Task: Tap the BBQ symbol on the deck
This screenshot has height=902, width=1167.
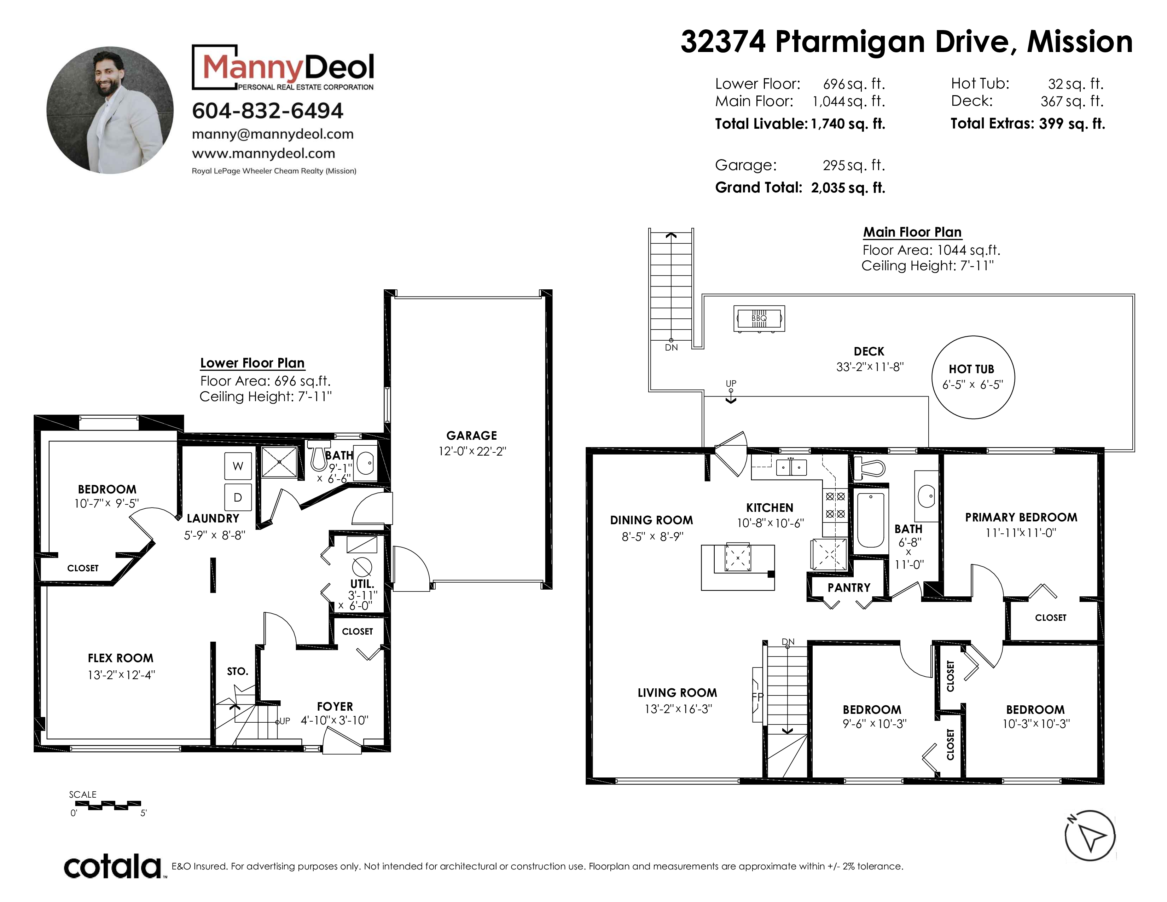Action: tap(759, 319)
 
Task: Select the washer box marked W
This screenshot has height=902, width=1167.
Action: tap(238, 466)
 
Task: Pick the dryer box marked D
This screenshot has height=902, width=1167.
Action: tap(238, 497)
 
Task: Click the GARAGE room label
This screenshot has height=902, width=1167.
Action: tap(472, 435)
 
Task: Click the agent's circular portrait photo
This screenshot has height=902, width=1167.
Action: tap(110, 110)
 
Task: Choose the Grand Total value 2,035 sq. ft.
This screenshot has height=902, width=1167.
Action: tap(848, 187)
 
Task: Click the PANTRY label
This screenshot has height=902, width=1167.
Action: tap(849, 588)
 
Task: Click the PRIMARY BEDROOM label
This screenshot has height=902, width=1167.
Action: tap(1021, 517)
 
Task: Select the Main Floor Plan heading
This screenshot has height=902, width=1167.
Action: tap(912, 232)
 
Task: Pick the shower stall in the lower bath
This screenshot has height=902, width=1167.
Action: tap(279, 461)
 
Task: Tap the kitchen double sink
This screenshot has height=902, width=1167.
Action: tap(791, 467)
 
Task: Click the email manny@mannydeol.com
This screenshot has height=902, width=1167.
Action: tap(273, 134)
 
